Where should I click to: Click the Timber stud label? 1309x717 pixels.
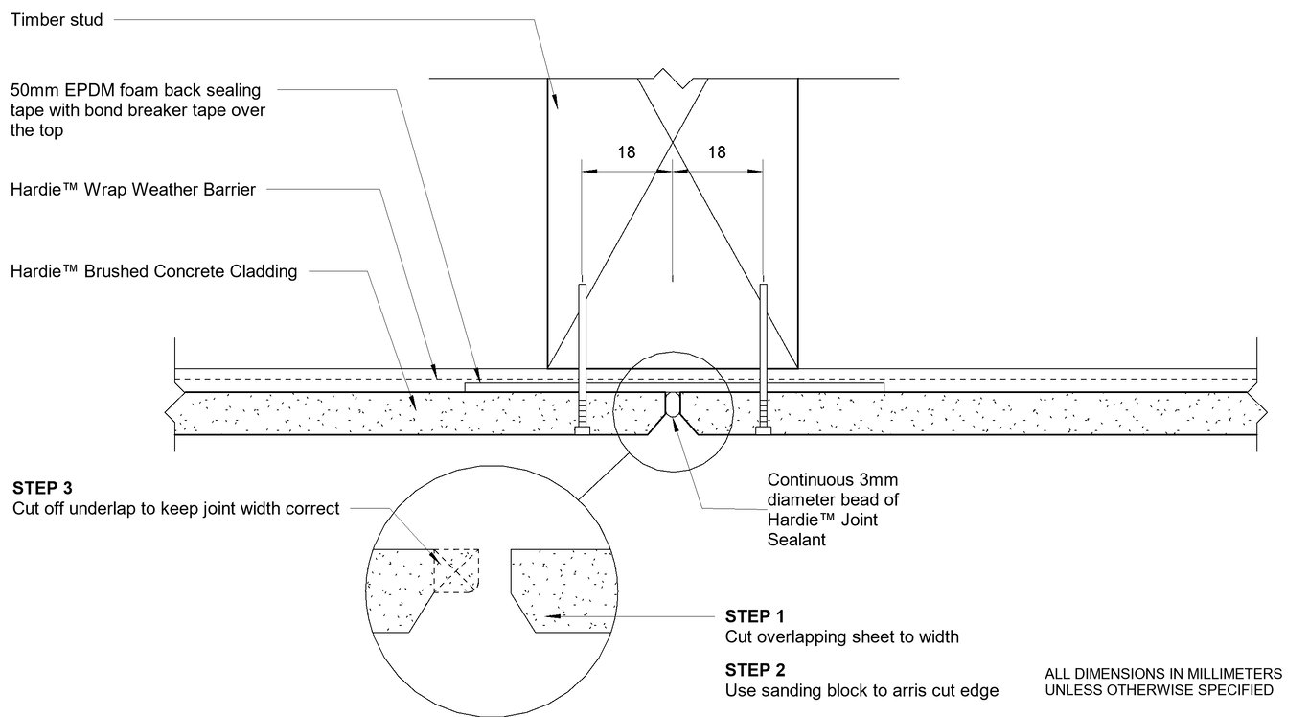click(x=57, y=20)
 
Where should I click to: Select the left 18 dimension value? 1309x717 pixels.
click(x=625, y=151)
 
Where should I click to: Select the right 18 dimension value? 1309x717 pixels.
click(x=716, y=151)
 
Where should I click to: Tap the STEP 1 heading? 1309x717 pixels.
click(x=754, y=615)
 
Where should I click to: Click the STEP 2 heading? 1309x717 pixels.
click(x=754, y=669)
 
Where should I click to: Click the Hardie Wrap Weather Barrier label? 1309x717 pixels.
click(x=133, y=190)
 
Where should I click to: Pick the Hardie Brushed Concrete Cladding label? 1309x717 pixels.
click(x=153, y=271)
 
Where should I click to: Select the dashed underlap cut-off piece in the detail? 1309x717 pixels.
click(x=457, y=572)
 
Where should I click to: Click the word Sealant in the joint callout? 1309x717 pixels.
click(x=794, y=540)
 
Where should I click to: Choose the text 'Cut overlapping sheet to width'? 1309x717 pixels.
click(x=841, y=636)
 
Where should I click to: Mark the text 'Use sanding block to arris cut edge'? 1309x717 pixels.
click(x=861, y=690)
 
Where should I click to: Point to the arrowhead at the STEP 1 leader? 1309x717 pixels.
click(x=549, y=615)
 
